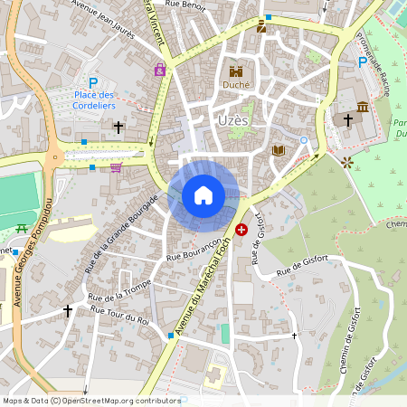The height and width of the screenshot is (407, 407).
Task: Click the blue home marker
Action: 203,195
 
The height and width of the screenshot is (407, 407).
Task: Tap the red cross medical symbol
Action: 241,230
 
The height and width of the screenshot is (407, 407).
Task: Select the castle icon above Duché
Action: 237,71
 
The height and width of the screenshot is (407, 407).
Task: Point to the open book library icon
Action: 279,151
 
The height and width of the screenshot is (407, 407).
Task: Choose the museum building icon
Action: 362,109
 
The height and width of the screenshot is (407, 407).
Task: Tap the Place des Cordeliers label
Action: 94,100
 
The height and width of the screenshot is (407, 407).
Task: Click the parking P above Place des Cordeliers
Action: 92,82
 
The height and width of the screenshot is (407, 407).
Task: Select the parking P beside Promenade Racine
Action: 363,62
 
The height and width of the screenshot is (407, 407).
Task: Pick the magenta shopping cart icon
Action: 116,166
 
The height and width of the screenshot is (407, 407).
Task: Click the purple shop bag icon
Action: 160,70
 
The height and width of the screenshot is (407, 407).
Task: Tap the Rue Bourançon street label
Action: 194,251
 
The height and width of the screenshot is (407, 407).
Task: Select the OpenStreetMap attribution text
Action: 91,400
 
